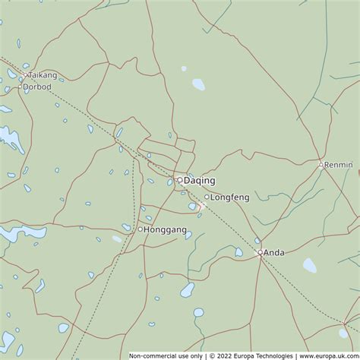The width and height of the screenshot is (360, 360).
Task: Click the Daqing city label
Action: pyautogui.click(x=199, y=181)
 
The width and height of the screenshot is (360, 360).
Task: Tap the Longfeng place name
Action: pyautogui.click(x=229, y=197)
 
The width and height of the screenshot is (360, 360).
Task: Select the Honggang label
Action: pyautogui.click(x=165, y=229)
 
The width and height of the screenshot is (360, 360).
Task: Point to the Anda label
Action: pyautogui.click(x=274, y=253)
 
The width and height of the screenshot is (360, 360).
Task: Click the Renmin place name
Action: pyautogui.click(x=339, y=164)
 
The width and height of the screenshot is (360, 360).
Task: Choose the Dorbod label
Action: pyautogui.click(x=37, y=87)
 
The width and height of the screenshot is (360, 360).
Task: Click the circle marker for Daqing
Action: pyautogui.click(x=179, y=180)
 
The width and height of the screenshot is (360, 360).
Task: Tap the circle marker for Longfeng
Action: pyautogui.click(x=207, y=197)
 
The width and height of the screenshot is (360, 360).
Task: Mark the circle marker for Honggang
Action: pyautogui.click(x=140, y=229)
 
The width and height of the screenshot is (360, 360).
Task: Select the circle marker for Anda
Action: pyautogui.click(x=260, y=252)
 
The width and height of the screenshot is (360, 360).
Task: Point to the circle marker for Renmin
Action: pyautogui.click(x=321, y=164)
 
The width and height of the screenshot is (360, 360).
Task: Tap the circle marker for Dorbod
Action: pyautogui.click(x=21, y=87)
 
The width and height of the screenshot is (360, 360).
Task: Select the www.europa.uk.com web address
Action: pyautogui.click(x=327, y=355)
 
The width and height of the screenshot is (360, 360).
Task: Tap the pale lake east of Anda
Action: pyautogui.click(x=310, y=265)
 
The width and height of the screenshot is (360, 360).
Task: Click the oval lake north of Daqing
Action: pyautogui.click(x=198, y=84)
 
